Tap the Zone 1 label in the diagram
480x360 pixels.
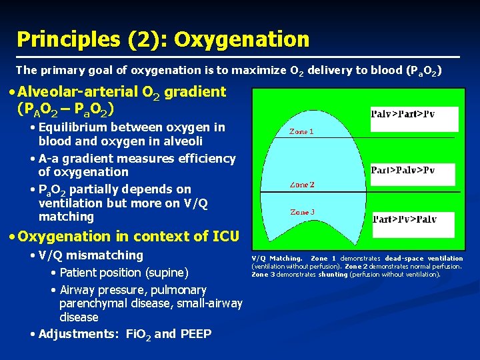(x=301, y=132)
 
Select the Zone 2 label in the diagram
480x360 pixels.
(x=302, y=185)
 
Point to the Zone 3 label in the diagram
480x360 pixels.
(x=302, y=212)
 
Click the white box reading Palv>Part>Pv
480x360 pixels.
(x=414, y=118)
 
